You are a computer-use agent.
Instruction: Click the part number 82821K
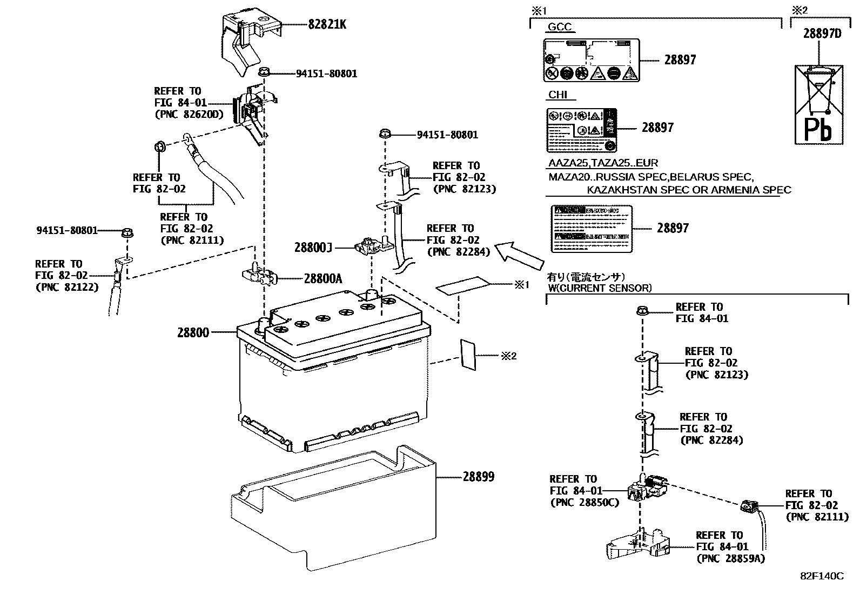point(327,24)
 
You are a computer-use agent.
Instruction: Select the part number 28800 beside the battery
point(193,332)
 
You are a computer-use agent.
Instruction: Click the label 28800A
point(322,278)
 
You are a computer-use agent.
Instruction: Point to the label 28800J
point(313,248)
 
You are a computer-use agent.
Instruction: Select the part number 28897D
point(822,34)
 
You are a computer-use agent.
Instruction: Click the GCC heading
point(560,27)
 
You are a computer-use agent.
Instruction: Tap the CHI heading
point(557,95)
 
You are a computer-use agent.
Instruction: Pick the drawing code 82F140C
point(822,576)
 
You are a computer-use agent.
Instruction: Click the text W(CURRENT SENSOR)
point(600,288)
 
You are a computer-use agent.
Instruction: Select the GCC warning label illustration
point(591,60)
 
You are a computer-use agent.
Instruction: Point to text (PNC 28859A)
point(730,559)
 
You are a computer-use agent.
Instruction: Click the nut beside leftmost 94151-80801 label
point(127,233)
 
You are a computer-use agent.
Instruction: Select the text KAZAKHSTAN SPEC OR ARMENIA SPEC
point(689,190)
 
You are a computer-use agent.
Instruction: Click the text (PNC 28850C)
point(584,503)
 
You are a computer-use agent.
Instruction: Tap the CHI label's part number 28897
point(657,128)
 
